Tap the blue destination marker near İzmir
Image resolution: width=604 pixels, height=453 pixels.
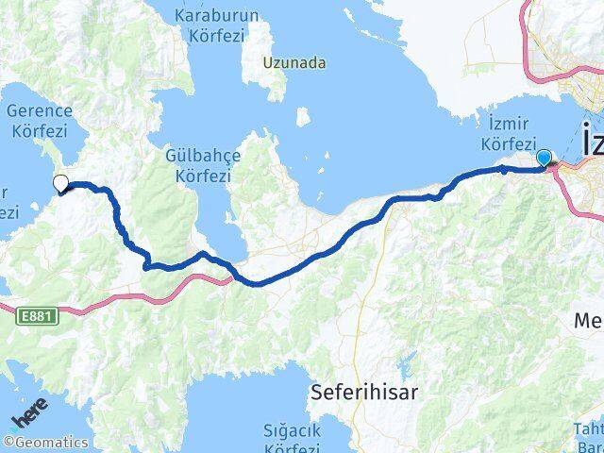coord(544,159)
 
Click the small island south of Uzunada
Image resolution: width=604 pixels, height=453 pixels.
coord(302,117)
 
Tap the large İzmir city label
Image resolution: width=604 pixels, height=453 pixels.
coord(592,142)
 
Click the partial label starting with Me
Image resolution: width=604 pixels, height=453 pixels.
coord(589,322)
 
